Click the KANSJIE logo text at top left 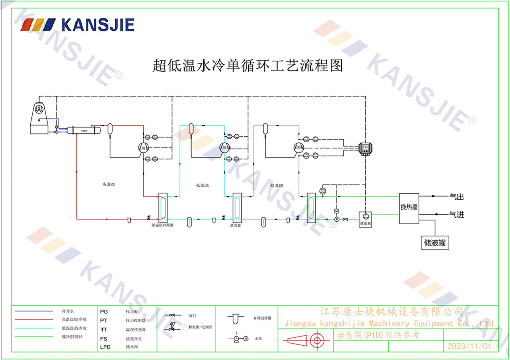point(97,24)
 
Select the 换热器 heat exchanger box point(409,208)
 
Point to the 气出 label point(456,196)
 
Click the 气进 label point(456,215)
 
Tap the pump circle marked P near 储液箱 point(336,219)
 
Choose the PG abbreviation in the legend point(104,311)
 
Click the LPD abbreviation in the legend point(105,347)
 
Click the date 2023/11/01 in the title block point(469,346)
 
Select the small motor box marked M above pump point(336,211)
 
